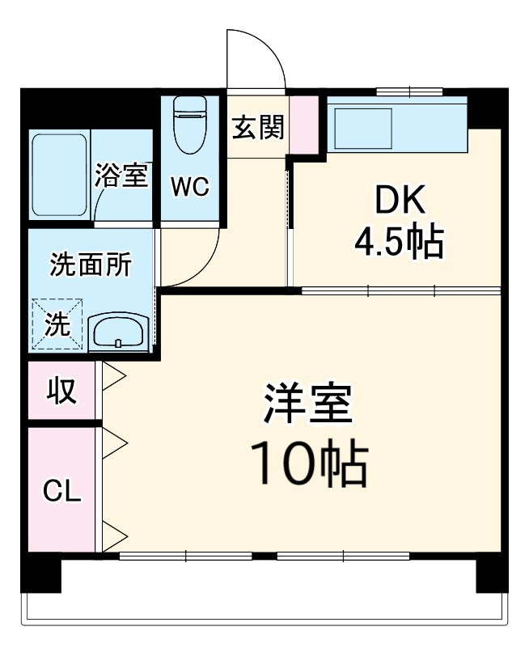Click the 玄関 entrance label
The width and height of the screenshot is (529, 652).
click(258, 127)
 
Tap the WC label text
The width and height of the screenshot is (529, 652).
click(189, 187)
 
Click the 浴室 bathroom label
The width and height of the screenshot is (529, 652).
click(121, 175)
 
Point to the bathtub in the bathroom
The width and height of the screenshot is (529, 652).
click(59, 175)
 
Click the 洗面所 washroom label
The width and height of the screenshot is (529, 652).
click(89, 265)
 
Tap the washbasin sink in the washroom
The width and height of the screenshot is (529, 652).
click(118, 332)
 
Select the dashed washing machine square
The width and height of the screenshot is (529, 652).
click(57, 325)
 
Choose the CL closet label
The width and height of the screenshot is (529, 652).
click(61, 490)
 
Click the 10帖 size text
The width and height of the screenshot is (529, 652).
click(308, 463)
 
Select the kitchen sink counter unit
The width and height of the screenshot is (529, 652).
click(396, 125)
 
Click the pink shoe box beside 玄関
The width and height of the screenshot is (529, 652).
click(304, 125)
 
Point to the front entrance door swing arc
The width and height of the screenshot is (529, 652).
click(257, 57)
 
